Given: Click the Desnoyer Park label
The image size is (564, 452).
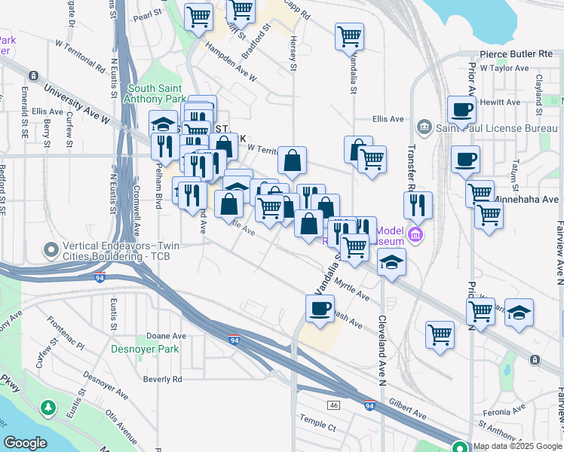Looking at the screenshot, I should [x=144, y=349].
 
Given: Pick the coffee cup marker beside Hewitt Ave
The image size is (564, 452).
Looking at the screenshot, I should [x=461, y=109].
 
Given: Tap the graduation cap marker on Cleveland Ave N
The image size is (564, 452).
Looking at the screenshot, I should [x=391, y=262].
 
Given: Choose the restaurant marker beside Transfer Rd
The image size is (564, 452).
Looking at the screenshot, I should [x=417, y=204].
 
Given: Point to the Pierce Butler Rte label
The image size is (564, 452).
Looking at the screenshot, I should [x=516, y=55].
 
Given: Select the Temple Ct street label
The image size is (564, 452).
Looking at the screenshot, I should [x=317, y=426].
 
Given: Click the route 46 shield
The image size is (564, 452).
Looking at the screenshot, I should [x=334, y=405].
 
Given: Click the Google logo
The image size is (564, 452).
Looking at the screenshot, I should [x=25, y=443].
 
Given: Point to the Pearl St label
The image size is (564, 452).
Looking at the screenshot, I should [x=148, y=16].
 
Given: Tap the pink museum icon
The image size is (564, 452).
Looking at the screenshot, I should [x=415, y=236].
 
